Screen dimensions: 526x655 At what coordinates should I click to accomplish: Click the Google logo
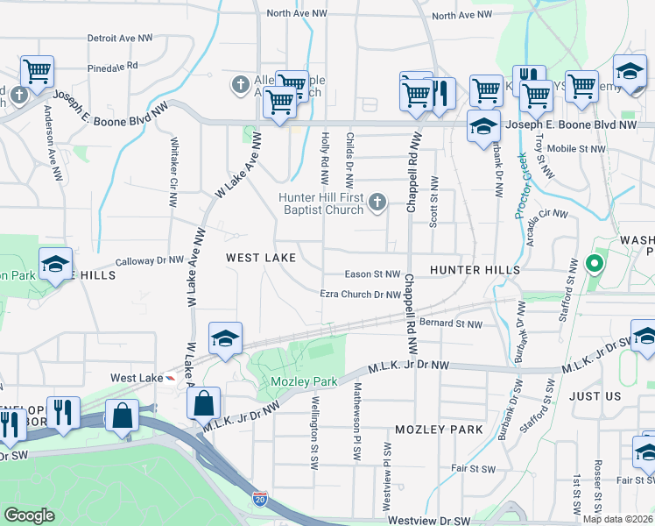[30, 515]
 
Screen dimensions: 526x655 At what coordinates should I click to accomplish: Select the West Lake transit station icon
[171, 378]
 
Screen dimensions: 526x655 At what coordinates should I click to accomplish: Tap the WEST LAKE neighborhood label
[261, 258]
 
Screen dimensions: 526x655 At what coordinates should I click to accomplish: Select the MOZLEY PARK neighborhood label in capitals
[439, 430]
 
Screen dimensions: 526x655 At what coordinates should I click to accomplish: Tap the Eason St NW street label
[373, 274]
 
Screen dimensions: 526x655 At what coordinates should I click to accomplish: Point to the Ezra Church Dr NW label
[360, 295]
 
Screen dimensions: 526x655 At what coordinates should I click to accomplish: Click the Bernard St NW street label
[451, 323]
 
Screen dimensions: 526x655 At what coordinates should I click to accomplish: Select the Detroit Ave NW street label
[123, 39]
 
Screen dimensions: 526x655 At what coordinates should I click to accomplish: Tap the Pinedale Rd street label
[113, 66]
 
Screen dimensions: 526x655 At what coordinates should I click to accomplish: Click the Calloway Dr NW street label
[151, 260]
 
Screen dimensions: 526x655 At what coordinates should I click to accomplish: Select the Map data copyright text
[617, 519]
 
